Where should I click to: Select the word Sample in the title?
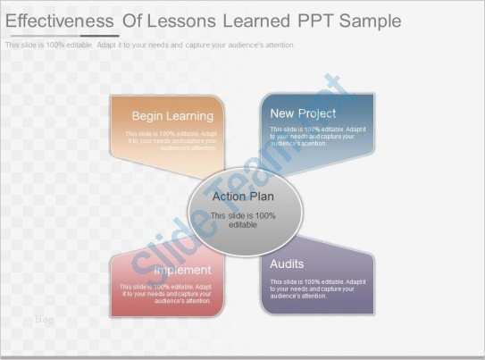point(368,21)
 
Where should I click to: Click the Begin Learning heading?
point(172,116)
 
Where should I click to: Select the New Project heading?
point(303,113)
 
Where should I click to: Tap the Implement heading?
point(182,270)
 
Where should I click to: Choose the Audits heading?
point(287,264)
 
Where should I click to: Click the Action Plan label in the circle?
point(243,197)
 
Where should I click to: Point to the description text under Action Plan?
point(243,220)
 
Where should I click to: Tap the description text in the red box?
point(166,294)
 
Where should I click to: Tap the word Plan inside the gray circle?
point(262,197)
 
